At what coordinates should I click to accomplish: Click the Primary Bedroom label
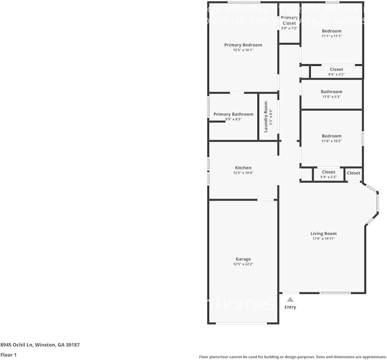coord(243,45)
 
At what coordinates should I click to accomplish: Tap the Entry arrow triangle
coord(290,299)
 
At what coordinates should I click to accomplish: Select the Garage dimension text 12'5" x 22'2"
coord(243,264)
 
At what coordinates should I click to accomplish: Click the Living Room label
coord(323,234)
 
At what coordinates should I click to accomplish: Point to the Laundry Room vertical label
coord(266,117)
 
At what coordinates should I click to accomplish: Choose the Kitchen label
coord(243,168)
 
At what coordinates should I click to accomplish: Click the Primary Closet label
coord(289,20)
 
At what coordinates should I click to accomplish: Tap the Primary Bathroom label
coord(233,114)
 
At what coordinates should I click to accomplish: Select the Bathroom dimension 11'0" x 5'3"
coord(331,97)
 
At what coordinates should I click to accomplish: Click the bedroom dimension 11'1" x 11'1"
coord(331,36)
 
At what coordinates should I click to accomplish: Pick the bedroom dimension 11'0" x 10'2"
coord(331,141)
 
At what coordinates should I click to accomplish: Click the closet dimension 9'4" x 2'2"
coord(336,74)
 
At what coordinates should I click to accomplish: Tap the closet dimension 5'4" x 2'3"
coord(328,177)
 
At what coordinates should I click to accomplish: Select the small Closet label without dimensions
coord(354,173)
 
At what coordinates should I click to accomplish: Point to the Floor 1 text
coord(9,355)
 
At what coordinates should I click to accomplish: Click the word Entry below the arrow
coord(290,307)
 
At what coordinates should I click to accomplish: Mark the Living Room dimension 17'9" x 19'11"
coord(323,239)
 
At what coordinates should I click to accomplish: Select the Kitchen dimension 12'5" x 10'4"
coord(243,173)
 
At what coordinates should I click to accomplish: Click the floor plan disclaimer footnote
coord(293,357)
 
